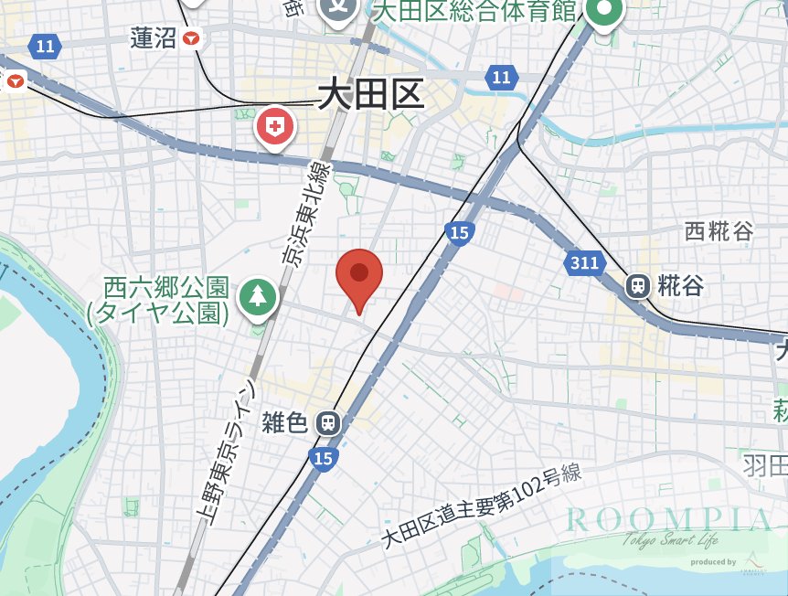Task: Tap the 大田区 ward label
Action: pos(371,94)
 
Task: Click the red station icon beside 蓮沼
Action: pos(191,37)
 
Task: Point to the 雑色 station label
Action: pos(284,422)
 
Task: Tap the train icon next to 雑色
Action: pos(327,422)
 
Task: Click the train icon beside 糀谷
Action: pos(638,285)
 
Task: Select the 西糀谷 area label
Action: pos(719,231)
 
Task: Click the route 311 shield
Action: pos(583,263)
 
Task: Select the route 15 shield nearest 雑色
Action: pos(322,458)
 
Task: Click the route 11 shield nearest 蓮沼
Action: pos(44,44)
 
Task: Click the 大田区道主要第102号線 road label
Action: pos(481,506)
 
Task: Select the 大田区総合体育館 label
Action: pos(475,11)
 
